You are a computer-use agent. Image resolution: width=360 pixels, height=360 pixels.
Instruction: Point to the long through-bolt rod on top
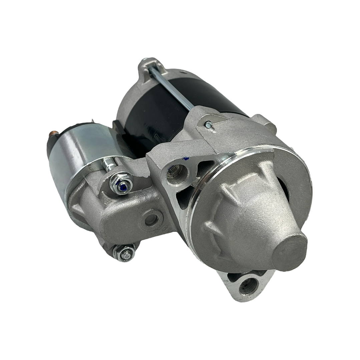(x=172, y=87)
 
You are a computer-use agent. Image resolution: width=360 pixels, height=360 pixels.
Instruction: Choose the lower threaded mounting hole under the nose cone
(x=249, y=286)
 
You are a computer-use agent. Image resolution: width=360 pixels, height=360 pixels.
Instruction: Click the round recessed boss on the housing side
(x=151, y=219)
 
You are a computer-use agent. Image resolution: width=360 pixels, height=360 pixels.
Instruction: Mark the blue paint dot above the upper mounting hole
(x=186, y=158)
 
